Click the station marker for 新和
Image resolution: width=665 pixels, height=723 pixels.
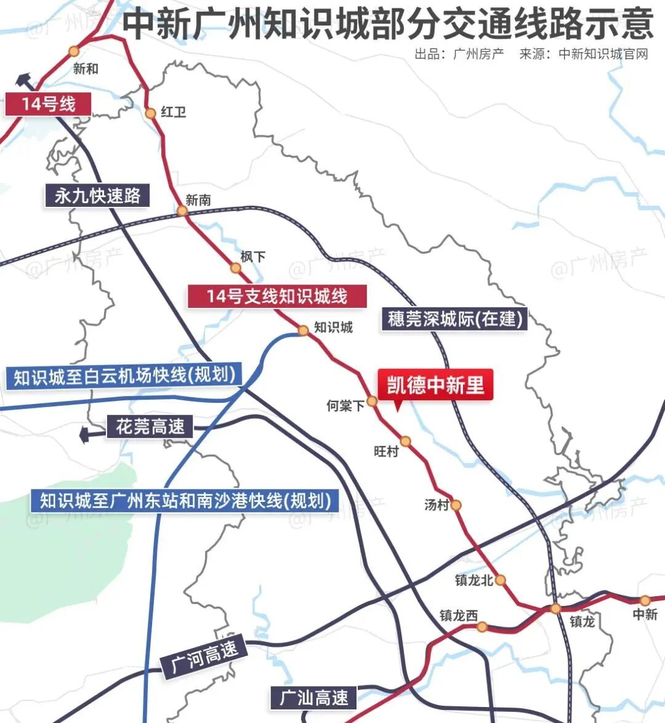pos(74,51)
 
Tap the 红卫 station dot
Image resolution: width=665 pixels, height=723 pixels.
pos(150,113)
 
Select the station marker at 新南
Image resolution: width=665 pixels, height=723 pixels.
pos(182,211)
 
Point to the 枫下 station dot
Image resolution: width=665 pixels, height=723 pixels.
pos(235,267)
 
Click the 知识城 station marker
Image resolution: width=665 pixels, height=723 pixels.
pos(303,331)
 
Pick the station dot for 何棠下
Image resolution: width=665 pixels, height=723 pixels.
pos(372,402)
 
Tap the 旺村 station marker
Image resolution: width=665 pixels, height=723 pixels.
pos(405,441)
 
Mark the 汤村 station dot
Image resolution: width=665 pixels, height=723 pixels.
pos(456,505)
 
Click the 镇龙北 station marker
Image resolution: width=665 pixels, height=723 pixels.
pos(501,580)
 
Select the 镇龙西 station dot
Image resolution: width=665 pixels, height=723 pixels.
pos(482,627)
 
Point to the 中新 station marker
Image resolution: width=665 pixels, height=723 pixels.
pos(645,600)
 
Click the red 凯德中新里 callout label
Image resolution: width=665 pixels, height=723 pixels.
pos(435,386)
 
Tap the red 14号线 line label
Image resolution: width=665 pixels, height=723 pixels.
pos(49,103)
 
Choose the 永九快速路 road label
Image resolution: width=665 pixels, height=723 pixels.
pos(97,196)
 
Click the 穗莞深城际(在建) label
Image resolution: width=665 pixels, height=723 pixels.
pos(454,318)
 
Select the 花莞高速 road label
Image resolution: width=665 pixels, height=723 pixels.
pos(150,426)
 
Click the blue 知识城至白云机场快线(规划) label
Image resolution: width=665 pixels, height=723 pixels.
pos(124,376)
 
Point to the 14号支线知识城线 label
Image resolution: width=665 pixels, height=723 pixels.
pos(277,296)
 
